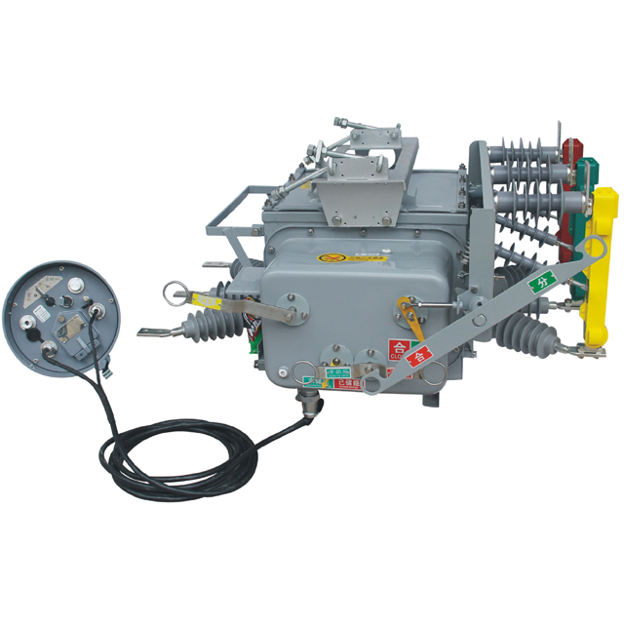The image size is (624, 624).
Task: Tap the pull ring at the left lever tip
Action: pyautogui.click(x=174, y=290)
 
